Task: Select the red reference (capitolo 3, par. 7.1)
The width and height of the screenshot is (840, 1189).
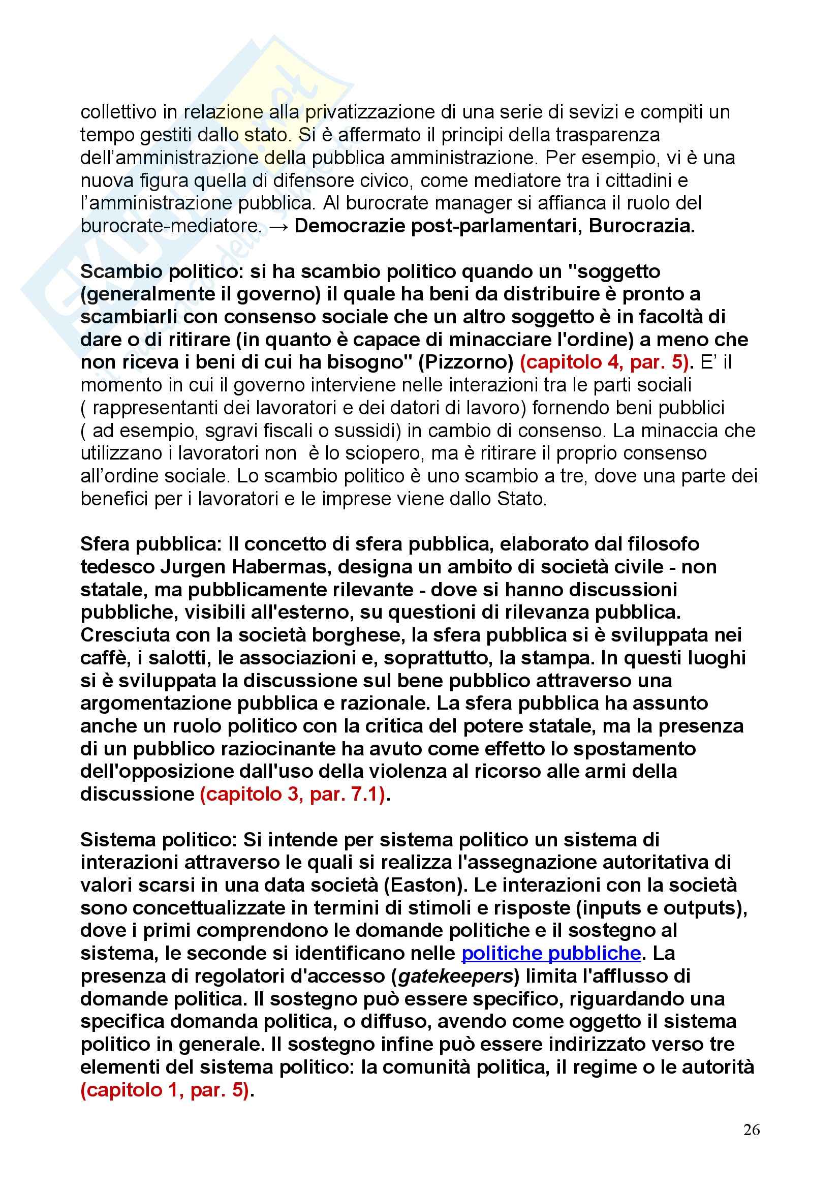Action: tap(293, 794)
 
